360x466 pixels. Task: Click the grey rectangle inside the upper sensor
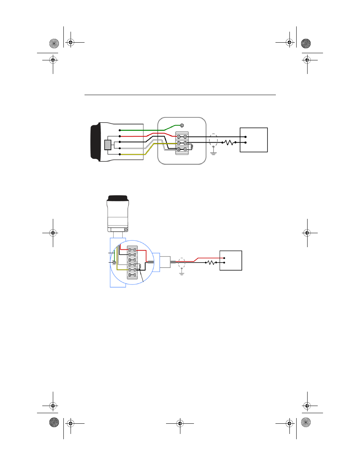pos(108,145)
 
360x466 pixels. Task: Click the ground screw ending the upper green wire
pos(182,125)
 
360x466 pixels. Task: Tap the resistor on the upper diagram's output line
pos(229,143)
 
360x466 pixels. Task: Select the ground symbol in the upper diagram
pos(214,153)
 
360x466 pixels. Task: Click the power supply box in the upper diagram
pos(254,140)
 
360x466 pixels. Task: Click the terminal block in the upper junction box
pos(182,143)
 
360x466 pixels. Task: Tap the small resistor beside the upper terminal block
pos(192,146)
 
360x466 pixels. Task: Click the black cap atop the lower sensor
pos(118,198)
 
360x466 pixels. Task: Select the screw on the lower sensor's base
pos(126,229)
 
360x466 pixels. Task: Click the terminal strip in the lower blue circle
pos(132,262)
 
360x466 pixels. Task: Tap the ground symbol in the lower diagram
pos(182,272)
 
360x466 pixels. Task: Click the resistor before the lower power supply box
pos(211,262)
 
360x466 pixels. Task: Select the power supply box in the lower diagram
pos(231,260)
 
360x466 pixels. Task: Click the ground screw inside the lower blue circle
pos(114,262)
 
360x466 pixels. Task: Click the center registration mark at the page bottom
pos(180,423)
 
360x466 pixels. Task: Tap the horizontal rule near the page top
pos(180,95)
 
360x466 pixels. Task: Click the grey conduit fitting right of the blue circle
pos(165,262)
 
